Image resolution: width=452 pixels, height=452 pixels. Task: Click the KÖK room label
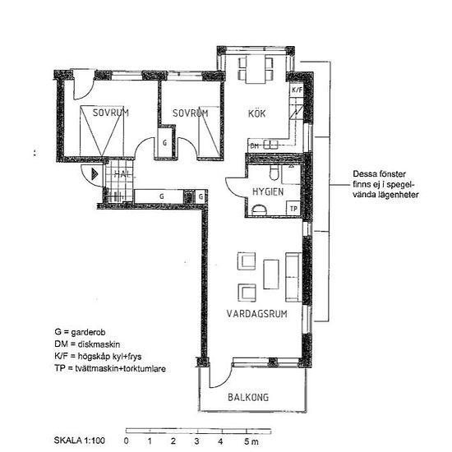(257, 113)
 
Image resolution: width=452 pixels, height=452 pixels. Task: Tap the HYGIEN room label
(268, 191)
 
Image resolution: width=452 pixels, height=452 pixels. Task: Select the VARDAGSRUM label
(257, 314)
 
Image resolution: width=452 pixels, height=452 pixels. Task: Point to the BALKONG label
(248, 397)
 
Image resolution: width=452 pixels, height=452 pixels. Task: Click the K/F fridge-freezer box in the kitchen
(297, 90)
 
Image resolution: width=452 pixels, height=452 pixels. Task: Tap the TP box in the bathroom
(293, 209)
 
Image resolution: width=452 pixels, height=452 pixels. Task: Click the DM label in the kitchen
(254, 145)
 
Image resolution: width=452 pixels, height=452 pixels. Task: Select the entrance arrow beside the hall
(95, 174)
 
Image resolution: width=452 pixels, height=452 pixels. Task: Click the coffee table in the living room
(271, 274)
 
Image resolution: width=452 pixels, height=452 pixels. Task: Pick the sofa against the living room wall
(293, 277)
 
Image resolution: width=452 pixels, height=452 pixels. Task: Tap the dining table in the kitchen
(256, 69)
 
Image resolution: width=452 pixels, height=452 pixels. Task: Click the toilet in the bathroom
(274, 173)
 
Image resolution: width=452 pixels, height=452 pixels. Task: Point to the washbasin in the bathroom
(259, 210)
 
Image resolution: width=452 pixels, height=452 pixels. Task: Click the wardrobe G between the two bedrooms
(165, 142)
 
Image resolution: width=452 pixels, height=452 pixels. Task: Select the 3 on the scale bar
(197, 440)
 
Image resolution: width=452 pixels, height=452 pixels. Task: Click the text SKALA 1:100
(79, 440)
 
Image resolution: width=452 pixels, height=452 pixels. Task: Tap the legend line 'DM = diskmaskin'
(87, 344)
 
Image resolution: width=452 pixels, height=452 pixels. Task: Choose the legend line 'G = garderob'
(80, 332)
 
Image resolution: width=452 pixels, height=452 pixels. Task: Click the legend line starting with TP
(110, 368)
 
